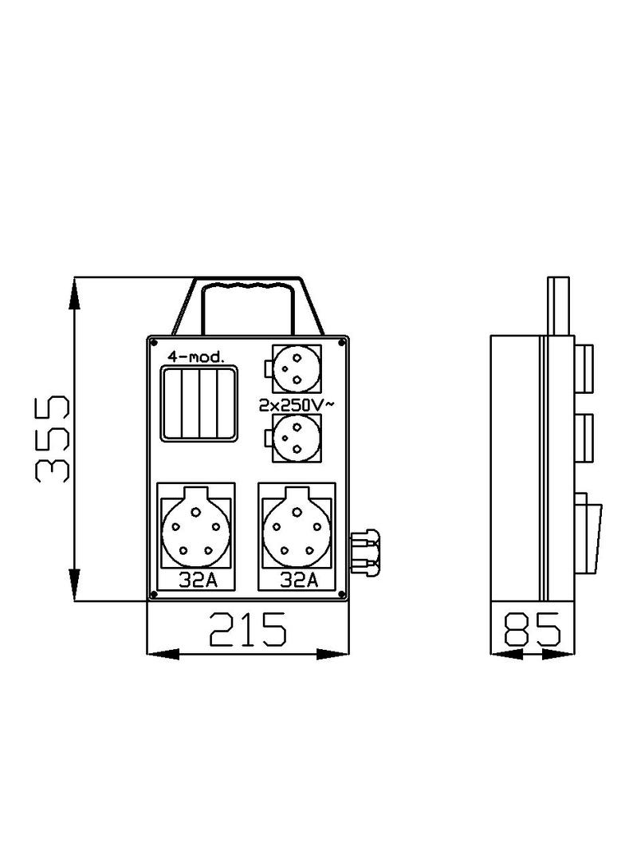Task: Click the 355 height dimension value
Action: [52, 438]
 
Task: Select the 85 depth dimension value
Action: [532, 630]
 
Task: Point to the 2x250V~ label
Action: [297, 405]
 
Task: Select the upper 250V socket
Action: [297, 368]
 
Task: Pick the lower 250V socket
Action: [297, 437]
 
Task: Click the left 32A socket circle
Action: [196, 529]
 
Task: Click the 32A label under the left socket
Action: [197, 580]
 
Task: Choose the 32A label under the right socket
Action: [299, 580]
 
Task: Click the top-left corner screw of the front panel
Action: [151, 343]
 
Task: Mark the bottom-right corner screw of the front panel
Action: [343, 595]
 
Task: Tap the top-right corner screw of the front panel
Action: [343, 343]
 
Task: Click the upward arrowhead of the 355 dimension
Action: [73, 290]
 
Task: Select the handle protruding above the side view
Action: [557, 305]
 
